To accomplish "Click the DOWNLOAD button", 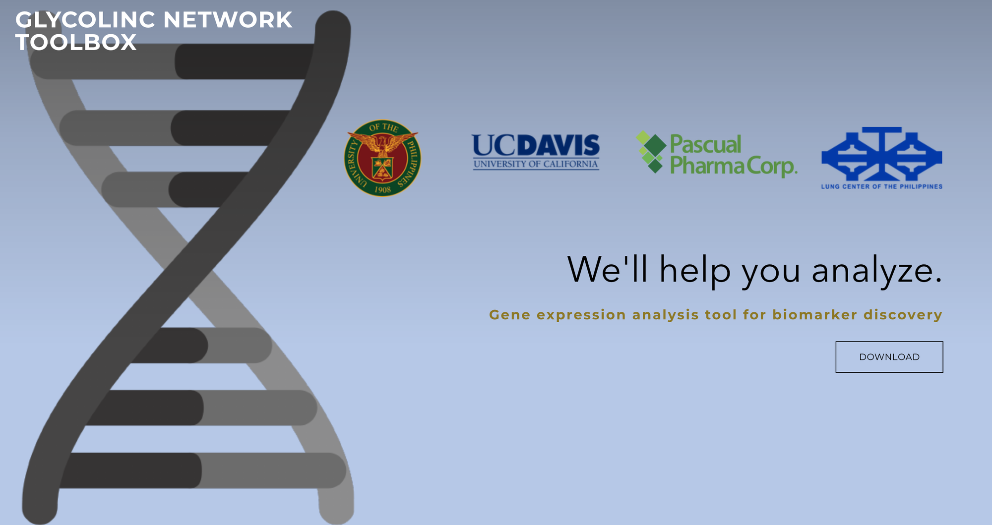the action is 889,357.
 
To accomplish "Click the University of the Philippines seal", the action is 382,158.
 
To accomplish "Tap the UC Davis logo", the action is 536,152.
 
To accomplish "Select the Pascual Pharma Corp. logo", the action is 717,154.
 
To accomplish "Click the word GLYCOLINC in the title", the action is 85,20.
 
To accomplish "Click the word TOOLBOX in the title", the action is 76,42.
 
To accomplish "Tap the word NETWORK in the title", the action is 228,20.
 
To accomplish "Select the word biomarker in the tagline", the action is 815,315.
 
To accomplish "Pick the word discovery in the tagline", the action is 903,315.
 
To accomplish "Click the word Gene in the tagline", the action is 510,315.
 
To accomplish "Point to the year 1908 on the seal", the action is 382,190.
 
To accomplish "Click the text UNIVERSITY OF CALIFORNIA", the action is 536,164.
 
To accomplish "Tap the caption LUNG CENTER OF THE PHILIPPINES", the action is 882,186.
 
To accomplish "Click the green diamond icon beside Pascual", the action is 651,152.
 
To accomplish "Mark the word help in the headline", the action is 695,271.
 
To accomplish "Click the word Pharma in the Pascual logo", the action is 707,166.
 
